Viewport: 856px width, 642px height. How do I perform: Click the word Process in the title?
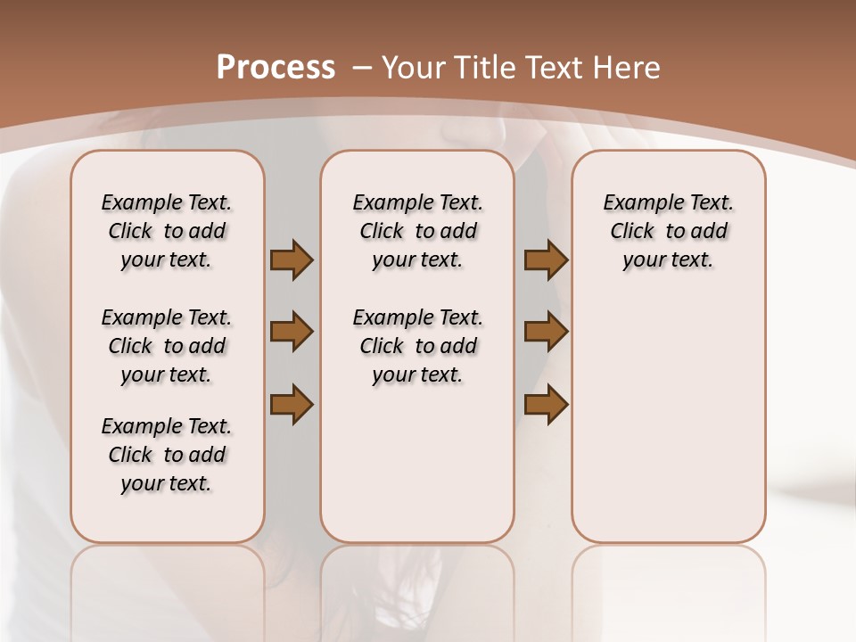click(276, 68)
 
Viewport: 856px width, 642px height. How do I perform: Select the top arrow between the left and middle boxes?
click(292, 260)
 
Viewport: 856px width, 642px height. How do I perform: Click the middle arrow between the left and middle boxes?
click(292, 332)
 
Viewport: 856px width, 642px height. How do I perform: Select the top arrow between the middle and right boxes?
click(546, 260)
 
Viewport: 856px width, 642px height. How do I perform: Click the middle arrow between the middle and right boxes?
click(546, 332)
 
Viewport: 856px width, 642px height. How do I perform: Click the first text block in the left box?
click(167, 231)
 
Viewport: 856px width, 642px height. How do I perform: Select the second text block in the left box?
click(167, 346)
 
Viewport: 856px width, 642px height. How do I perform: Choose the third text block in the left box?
click(167, 455)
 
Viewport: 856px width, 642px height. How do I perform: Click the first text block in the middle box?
click(417, 231)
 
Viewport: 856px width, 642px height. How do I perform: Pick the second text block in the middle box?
click(417, 346)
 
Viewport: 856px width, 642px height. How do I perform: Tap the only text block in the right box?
click(668, 231)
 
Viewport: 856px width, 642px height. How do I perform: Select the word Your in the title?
click(414, 68)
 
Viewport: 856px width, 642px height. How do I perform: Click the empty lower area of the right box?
click(668, 428)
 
